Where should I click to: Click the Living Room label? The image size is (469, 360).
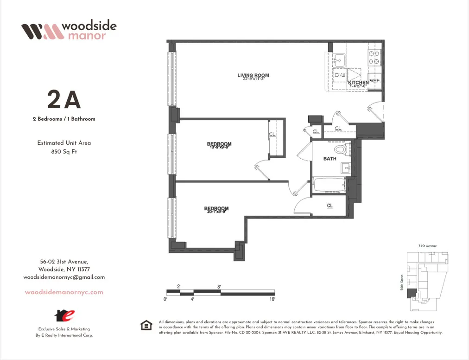253,75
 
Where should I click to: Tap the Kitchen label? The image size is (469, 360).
358,83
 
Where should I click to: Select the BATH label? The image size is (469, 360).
330,159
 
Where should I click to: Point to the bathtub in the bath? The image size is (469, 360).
330,185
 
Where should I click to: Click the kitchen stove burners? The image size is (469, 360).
374,57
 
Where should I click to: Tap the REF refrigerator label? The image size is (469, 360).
374,80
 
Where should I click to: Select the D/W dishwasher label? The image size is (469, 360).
340,75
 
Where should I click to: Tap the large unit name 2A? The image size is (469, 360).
64,100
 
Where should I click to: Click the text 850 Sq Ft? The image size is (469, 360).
64,151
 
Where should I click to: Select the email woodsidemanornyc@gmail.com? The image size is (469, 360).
64,277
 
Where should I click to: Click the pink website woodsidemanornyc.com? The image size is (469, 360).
64,292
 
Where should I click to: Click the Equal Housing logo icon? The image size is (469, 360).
146,326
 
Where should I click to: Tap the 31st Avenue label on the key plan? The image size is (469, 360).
427,246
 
